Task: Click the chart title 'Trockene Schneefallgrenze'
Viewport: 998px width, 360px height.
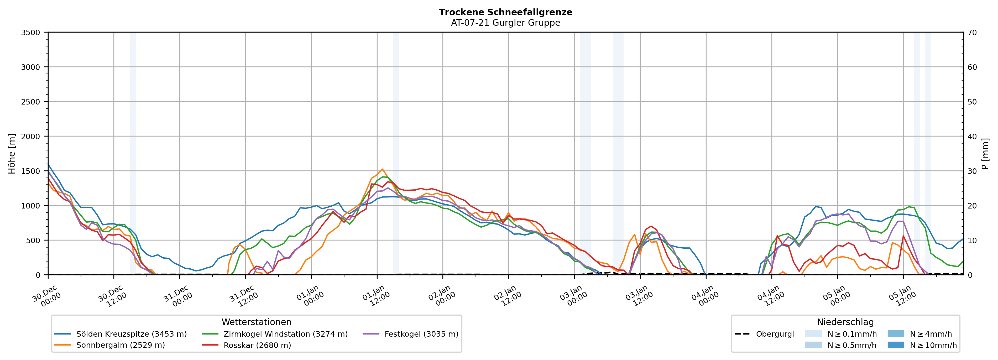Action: [505, 12]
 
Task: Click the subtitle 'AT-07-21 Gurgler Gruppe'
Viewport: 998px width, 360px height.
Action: [505, 23]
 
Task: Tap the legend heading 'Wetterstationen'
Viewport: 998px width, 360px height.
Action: [257, 322]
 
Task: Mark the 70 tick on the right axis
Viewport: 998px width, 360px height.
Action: [972, 33]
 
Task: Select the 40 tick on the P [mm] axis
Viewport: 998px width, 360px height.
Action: [972, 136]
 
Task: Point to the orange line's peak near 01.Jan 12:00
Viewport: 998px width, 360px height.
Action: [382, 169]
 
